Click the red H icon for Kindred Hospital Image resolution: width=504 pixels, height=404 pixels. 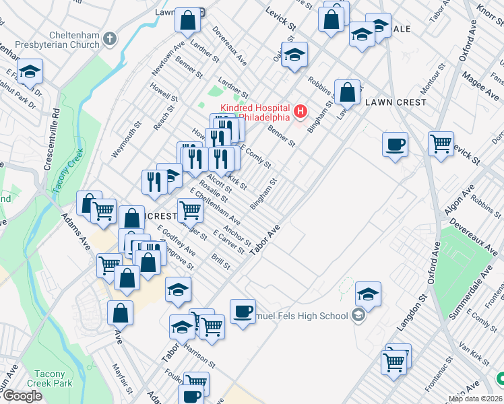[x=301, y=110]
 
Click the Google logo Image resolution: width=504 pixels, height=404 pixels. [x=22, y=396]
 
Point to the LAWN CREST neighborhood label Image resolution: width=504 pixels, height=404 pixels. [x=396, y=102]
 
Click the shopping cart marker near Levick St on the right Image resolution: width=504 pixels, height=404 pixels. [x=441, y=143]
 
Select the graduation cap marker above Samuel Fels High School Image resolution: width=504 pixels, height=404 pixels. [x=368, y=294]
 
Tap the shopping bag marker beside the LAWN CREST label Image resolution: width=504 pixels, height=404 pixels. [x=347, y=93]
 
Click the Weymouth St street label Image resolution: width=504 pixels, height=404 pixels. [x=127, y=139]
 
